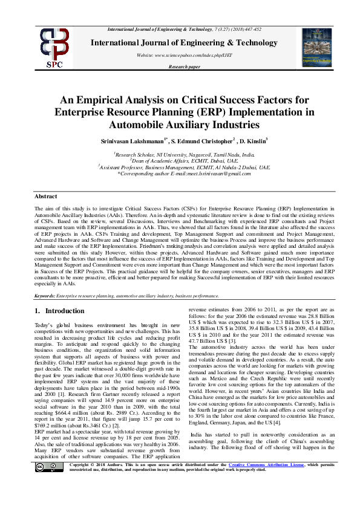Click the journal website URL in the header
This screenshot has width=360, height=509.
point(185,55)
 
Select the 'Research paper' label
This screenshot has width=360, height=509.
point(185,67)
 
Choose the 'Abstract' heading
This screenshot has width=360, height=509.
point(46,196)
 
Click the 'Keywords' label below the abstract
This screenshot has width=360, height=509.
point(45,296)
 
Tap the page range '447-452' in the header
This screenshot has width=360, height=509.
point(252,30)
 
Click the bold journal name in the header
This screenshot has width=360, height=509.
point(184,42)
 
